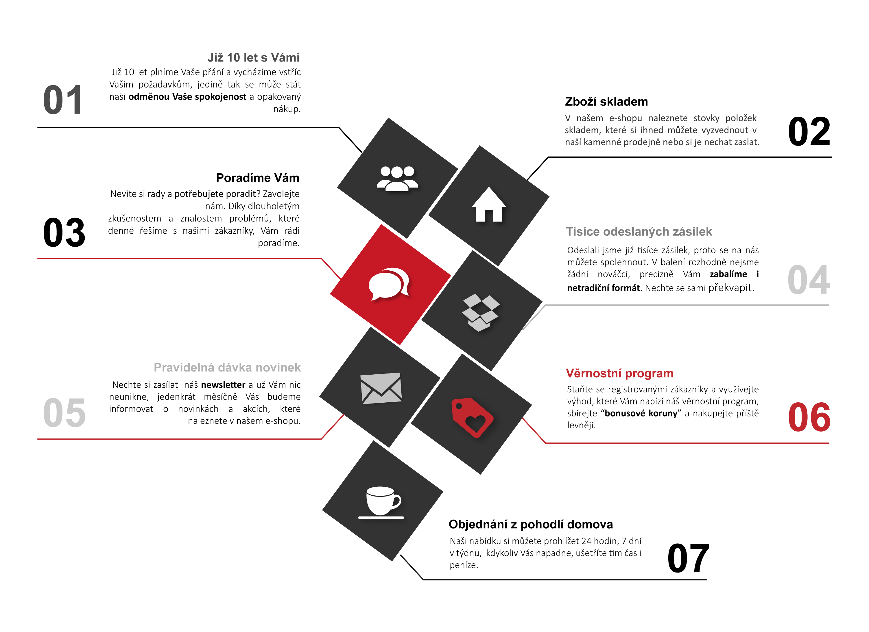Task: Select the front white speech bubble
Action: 385,285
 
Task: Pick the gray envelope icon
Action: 381,388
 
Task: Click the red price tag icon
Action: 472,417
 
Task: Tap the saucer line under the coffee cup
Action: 381,518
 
